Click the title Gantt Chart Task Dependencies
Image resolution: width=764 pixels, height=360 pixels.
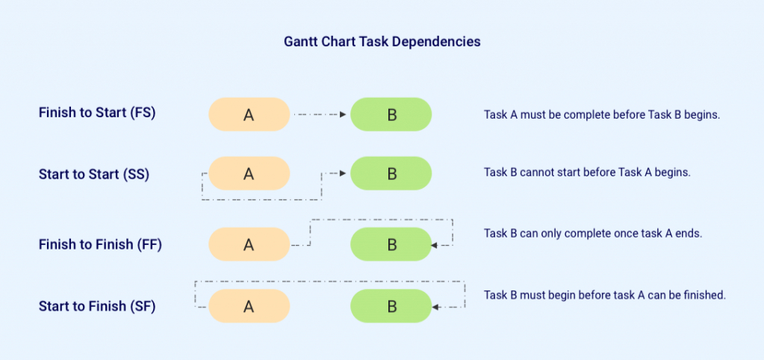[x=382, y=42]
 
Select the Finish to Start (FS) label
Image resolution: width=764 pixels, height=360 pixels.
[x=97, y=113]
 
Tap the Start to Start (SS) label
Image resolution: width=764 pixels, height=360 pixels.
[x=94, y=174]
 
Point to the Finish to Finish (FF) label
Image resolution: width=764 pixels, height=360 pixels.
[x=100, y=244]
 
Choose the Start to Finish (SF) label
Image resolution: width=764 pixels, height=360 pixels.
[x=97, y=305]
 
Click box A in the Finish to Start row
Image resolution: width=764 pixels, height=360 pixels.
[x=249, y=114]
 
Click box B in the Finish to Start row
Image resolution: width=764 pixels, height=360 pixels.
[x=391, y=114]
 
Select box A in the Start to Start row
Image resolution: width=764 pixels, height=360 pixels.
[x=249, y=173]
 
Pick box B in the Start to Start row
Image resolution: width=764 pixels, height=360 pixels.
[x=391, y=173]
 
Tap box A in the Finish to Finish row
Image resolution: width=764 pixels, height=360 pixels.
[x=249, y=244]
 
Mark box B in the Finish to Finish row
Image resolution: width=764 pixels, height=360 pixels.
[x=391, y=244]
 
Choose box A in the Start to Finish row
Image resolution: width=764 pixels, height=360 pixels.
[x=249, y=306]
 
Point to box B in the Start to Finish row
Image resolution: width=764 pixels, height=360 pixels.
[x=391, y=306]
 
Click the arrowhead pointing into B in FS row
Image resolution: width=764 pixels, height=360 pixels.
[x=343, y=114]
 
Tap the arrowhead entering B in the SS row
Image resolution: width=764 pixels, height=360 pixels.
[x=343, y=173]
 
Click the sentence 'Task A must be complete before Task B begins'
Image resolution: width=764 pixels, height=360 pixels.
[x=601, y=115]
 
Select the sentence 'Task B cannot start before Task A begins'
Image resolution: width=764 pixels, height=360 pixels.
[x=587, y=172]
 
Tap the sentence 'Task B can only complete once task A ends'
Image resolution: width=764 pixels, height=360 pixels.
[x=593, y=233]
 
